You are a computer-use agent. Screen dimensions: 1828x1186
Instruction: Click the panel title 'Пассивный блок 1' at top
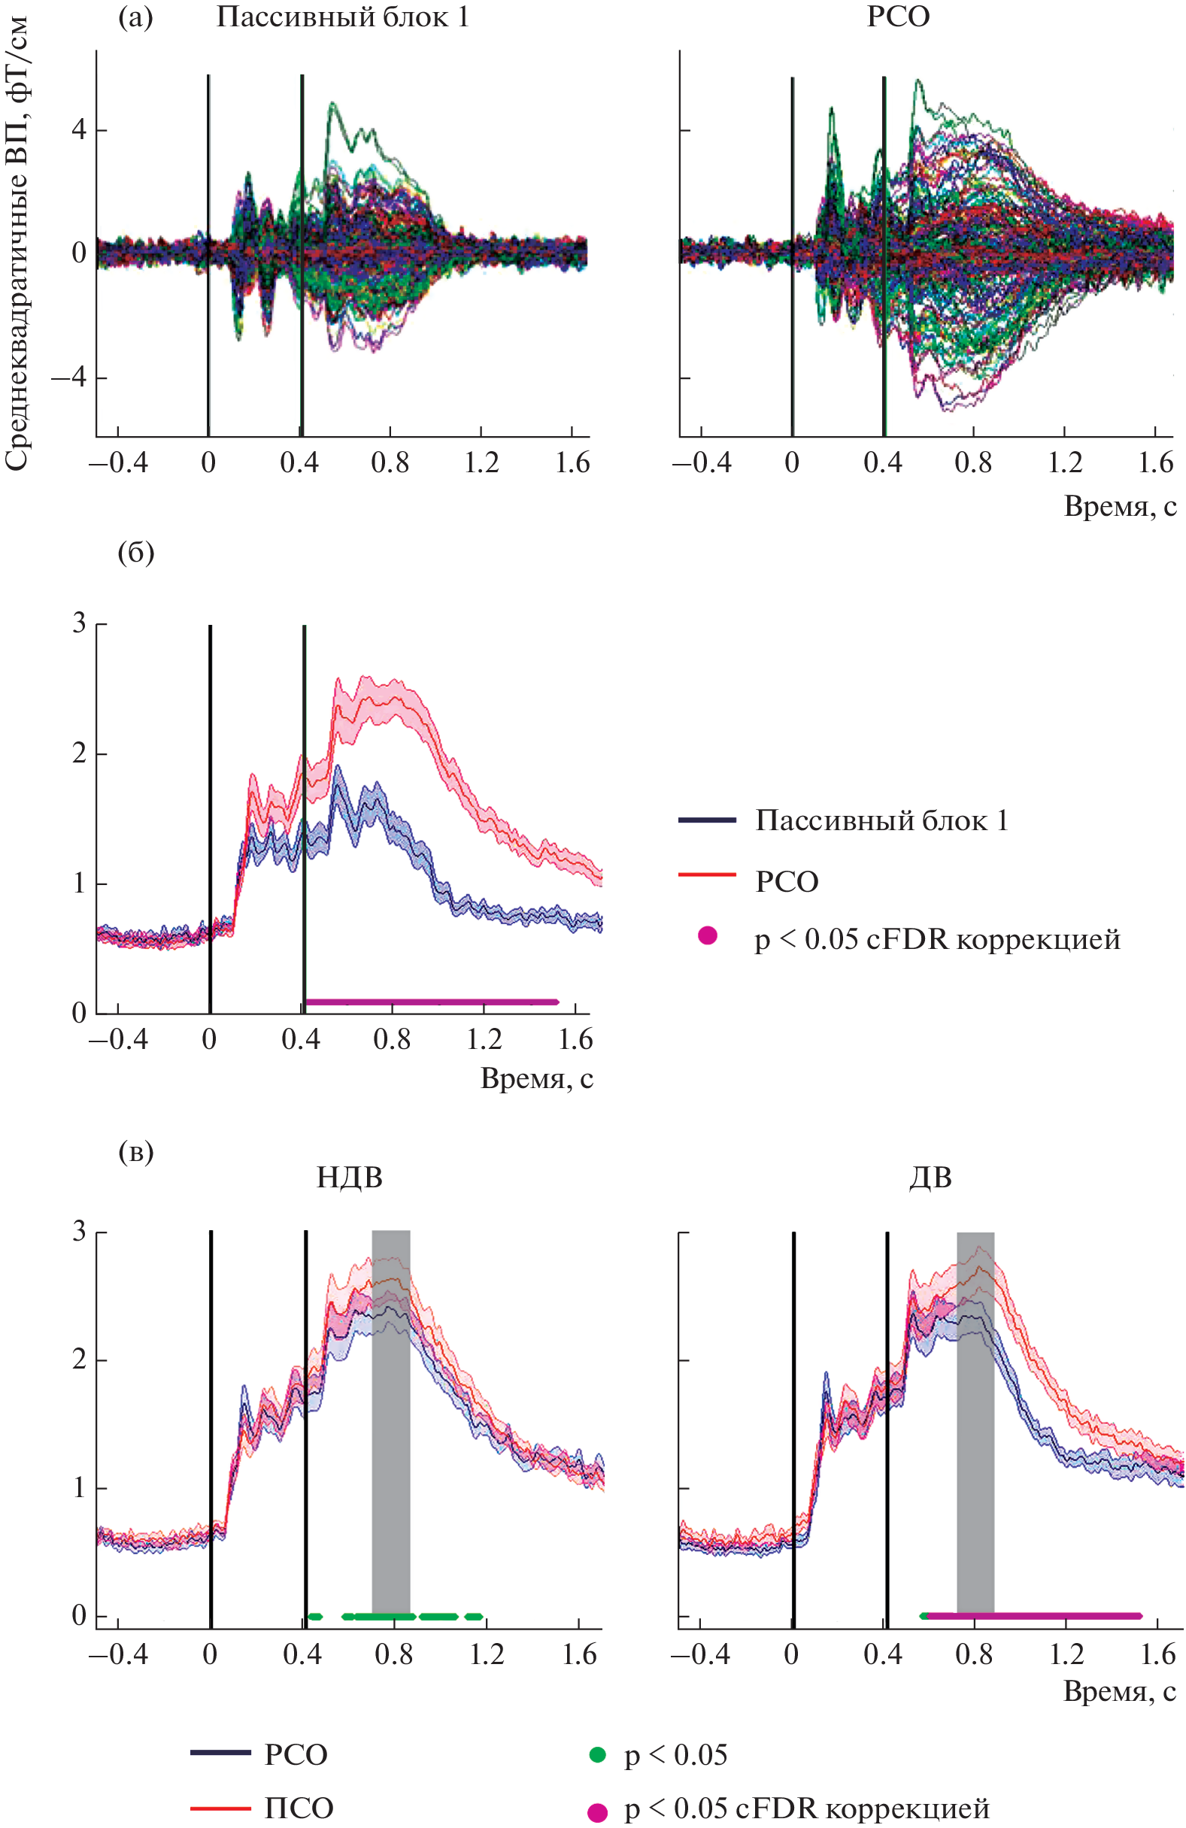click(342, 17)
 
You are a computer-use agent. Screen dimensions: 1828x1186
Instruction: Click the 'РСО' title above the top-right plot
click(898, 17)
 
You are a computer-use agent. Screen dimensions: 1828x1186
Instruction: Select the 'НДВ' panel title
click(350, 1178)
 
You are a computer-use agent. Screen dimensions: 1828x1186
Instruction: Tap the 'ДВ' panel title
click(930, 1178)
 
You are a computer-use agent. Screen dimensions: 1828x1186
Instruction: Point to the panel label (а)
click(135, 17)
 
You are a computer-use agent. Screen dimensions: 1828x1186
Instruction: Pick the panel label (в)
click(136, 1151)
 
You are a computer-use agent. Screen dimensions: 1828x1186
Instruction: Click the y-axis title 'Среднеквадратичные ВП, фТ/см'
click(17, 242)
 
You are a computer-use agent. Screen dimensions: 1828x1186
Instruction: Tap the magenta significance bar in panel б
click(430, 1002)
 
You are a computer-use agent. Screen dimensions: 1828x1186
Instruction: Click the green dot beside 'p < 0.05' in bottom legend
click(597, 1754)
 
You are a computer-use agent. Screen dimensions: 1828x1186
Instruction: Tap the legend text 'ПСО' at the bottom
click(299, 1808)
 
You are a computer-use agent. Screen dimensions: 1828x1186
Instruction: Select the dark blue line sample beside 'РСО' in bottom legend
click(220, 1753)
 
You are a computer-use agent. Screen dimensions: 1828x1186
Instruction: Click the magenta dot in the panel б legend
click(707, 935)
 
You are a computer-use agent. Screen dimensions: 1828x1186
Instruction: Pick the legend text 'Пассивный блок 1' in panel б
click(881, 821)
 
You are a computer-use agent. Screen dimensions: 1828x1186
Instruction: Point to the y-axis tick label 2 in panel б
click(79, 754)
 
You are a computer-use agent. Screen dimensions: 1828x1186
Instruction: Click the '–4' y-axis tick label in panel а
click(69, 378)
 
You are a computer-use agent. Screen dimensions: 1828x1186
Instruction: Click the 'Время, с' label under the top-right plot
click(1119, 506)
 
